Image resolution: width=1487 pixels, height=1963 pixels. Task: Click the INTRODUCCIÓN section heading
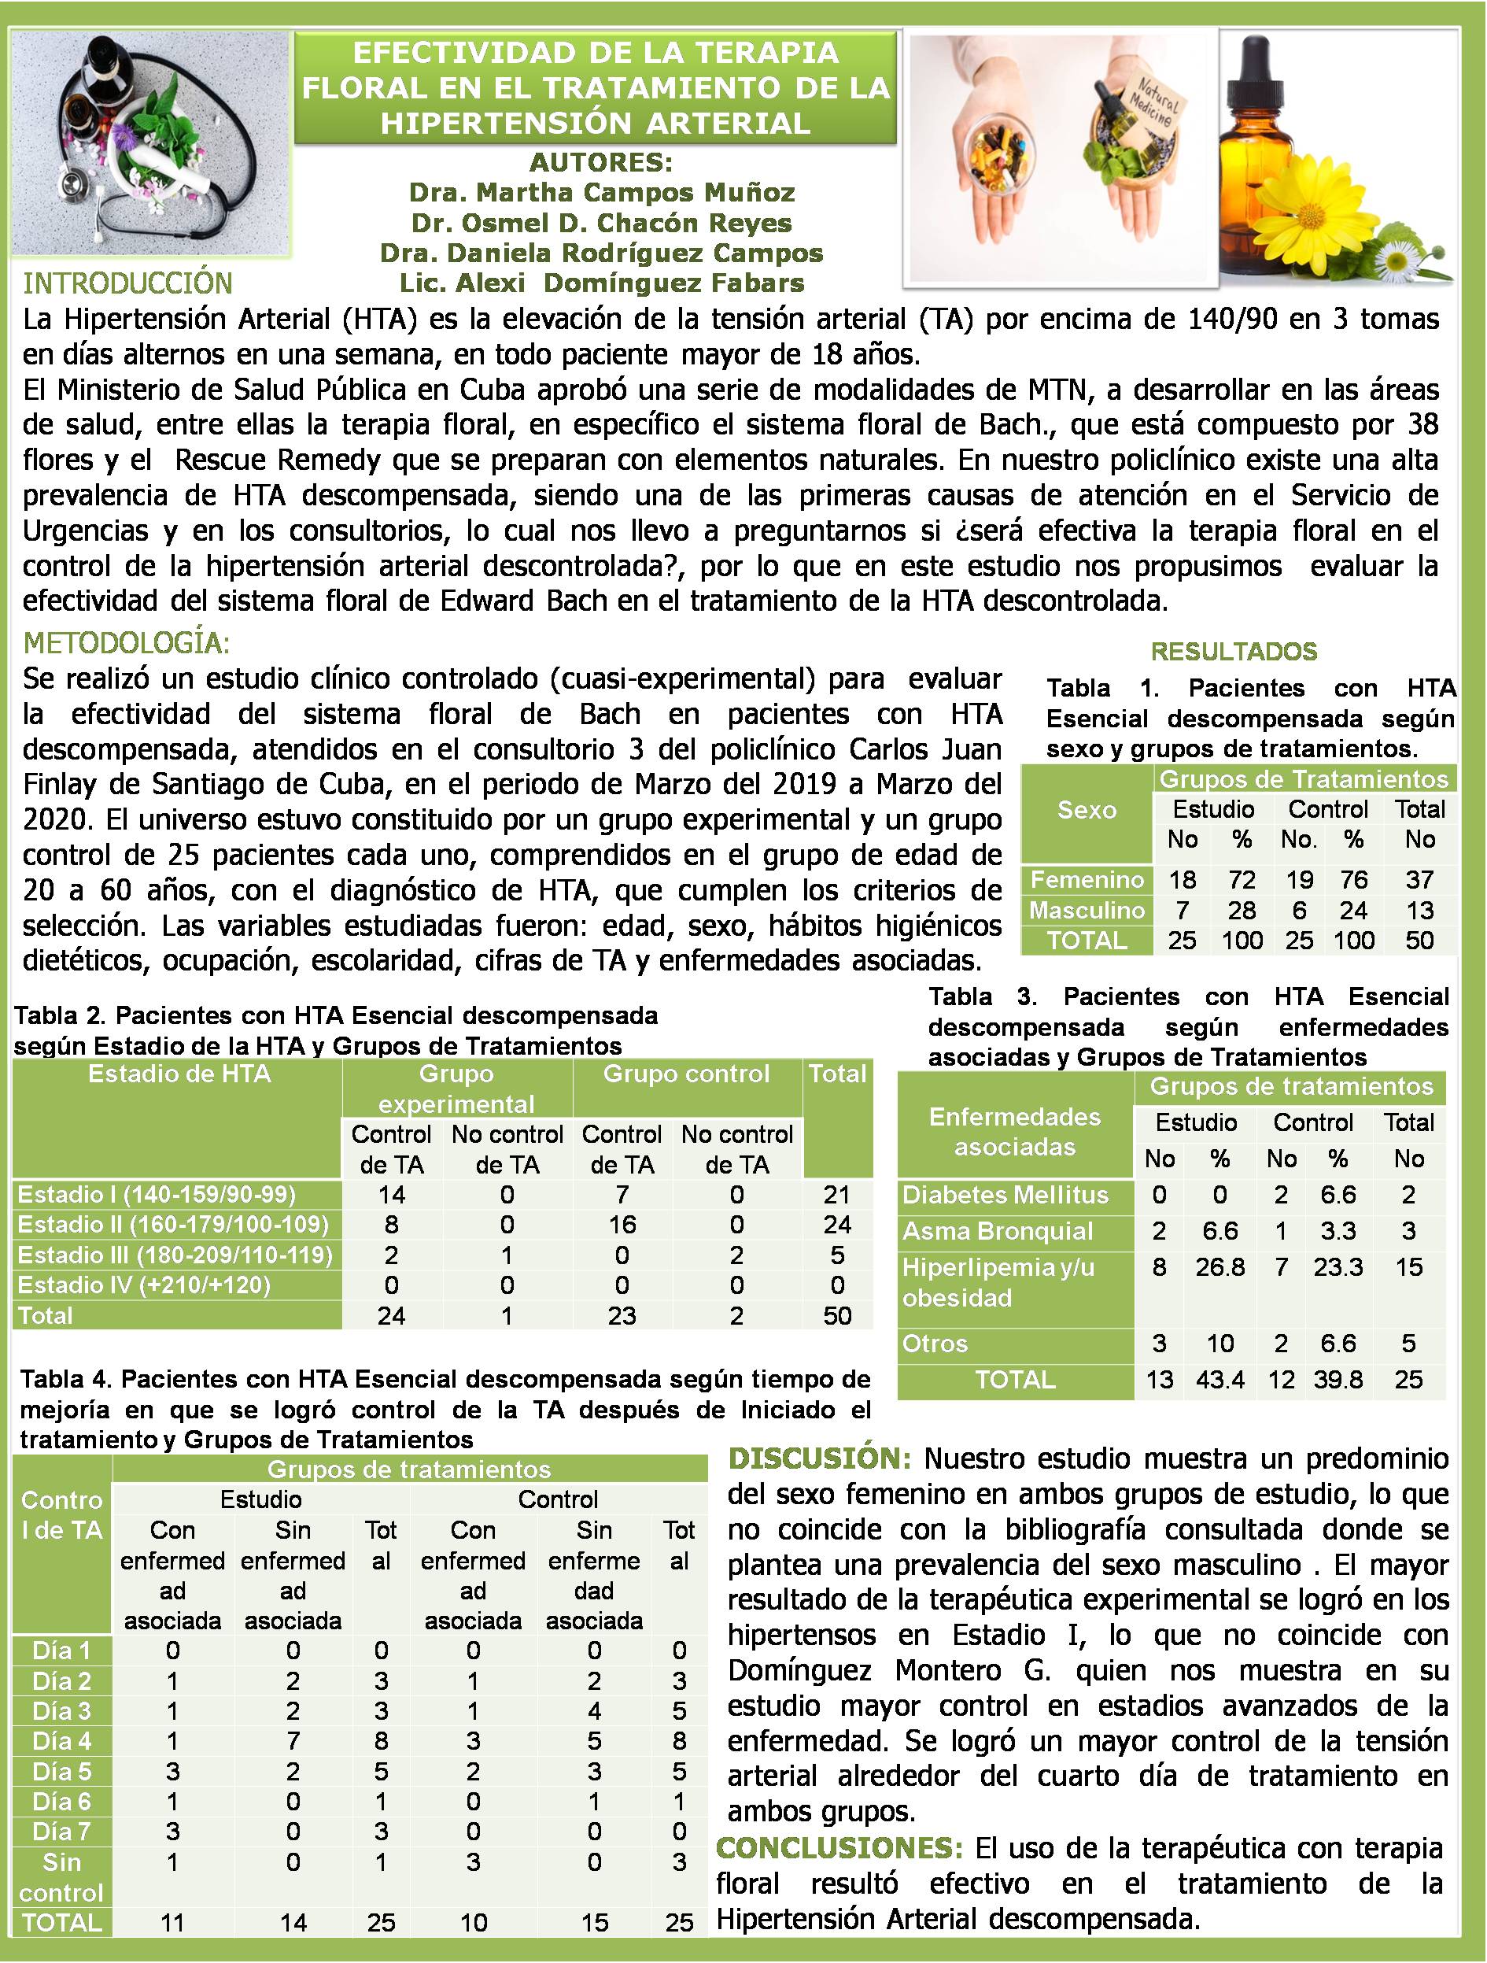pos(127,283)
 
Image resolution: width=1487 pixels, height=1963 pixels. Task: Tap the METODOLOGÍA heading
pos(126,641)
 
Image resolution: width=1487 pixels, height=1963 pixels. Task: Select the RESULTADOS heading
pos(1233,652)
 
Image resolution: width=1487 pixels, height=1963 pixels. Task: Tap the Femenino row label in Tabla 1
pos(1087,879)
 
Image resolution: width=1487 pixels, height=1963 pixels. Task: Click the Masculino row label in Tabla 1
pos(1087,910)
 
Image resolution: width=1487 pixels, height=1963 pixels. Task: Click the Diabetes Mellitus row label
pos(1005,1195)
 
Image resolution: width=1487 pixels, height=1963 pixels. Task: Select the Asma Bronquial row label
pos(998,1231)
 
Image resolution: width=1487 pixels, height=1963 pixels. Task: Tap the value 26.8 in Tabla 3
pos(1220,1267)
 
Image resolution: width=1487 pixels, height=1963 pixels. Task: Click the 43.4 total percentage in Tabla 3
pos(1220,1380)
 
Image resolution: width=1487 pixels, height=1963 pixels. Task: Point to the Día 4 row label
pos(61,1741)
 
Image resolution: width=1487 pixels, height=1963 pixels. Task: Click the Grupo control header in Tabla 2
pos(686,1074)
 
